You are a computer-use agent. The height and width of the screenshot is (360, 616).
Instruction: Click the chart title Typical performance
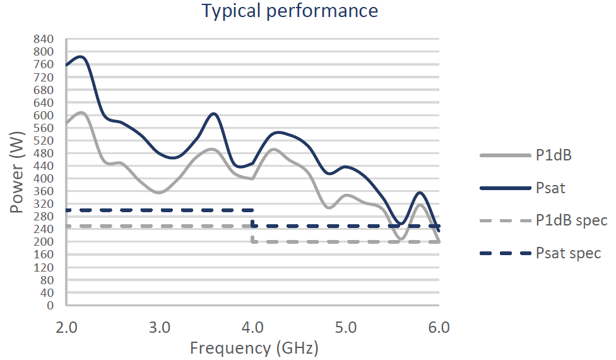(290, 11)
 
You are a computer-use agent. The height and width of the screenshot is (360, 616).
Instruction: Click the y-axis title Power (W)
(16, 172)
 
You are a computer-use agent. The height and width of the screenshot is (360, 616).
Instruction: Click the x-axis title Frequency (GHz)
(254, 347)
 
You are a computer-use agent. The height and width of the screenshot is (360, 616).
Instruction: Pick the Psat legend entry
(550, 188)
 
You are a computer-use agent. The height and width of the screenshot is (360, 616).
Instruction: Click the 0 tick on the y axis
(50, 306)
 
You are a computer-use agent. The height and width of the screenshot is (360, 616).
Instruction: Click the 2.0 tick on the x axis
(66, 328)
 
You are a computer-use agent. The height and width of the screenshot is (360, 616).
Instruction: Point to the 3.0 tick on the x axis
(160, 328)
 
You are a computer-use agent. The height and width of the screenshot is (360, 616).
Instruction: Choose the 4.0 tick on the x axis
(253, 328)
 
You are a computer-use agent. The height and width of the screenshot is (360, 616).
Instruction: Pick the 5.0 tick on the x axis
(346, 328)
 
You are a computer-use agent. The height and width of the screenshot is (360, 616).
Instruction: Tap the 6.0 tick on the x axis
(439, 328)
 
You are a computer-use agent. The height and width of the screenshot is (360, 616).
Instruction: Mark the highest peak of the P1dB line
(81, 112)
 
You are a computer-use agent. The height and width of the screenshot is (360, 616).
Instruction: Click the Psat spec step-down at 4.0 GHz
(253, 218)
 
